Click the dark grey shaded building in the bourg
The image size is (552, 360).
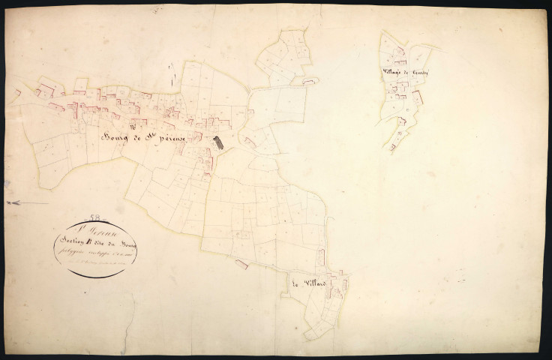click(x=218, y=142)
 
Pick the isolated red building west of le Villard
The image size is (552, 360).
click(x=241, y=263)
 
